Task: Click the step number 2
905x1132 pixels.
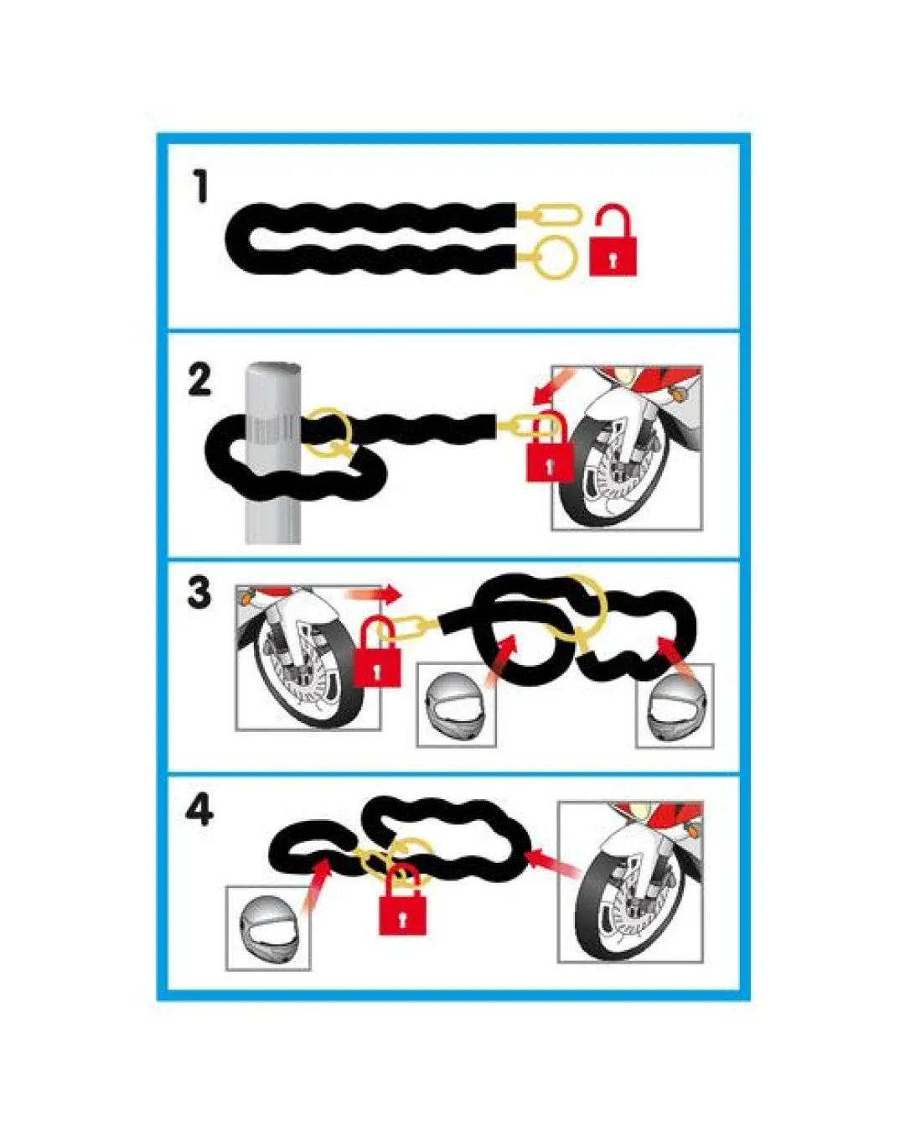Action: [199, 381]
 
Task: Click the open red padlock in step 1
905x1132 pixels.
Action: [613, 240]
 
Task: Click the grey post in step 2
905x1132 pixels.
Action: [273, 452]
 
